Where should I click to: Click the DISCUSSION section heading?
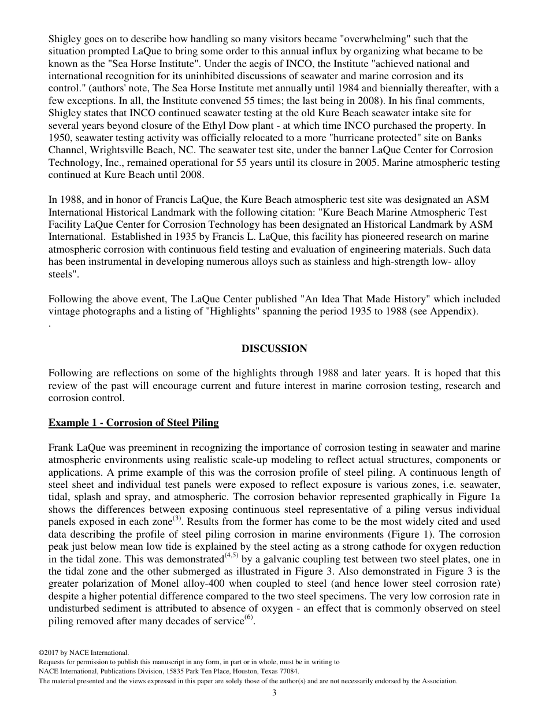[x=274, y=349]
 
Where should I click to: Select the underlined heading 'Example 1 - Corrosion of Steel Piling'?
[x=133, y=423]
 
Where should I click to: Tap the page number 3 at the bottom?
[x=274, y=693]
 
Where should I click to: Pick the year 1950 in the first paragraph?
[x=60, y=136]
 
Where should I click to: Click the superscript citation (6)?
[x=248, y=617]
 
